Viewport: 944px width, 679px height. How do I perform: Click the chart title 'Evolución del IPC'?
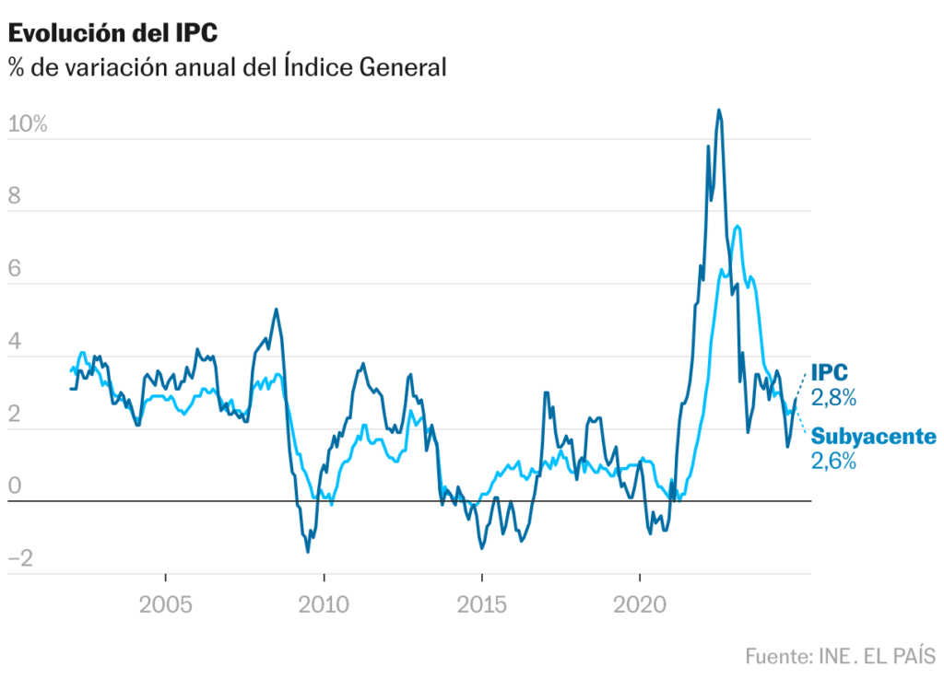click(x=112, y=33)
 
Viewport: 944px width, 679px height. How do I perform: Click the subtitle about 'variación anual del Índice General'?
click(x=227, y=67)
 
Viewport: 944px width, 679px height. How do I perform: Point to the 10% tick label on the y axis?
click(x=27, y=124)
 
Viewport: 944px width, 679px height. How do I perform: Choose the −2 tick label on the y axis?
click(x=20, y=558)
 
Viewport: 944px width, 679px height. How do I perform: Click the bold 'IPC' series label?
click(x=830, y=373)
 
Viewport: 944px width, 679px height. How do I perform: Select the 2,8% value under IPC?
click(x=834, y=398)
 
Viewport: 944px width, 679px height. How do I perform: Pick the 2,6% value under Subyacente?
click(x=834, y=461)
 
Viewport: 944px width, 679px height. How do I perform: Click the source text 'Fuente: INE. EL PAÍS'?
click(x=840, y=657)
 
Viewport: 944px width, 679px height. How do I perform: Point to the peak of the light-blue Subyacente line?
click(x=736, y=226)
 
